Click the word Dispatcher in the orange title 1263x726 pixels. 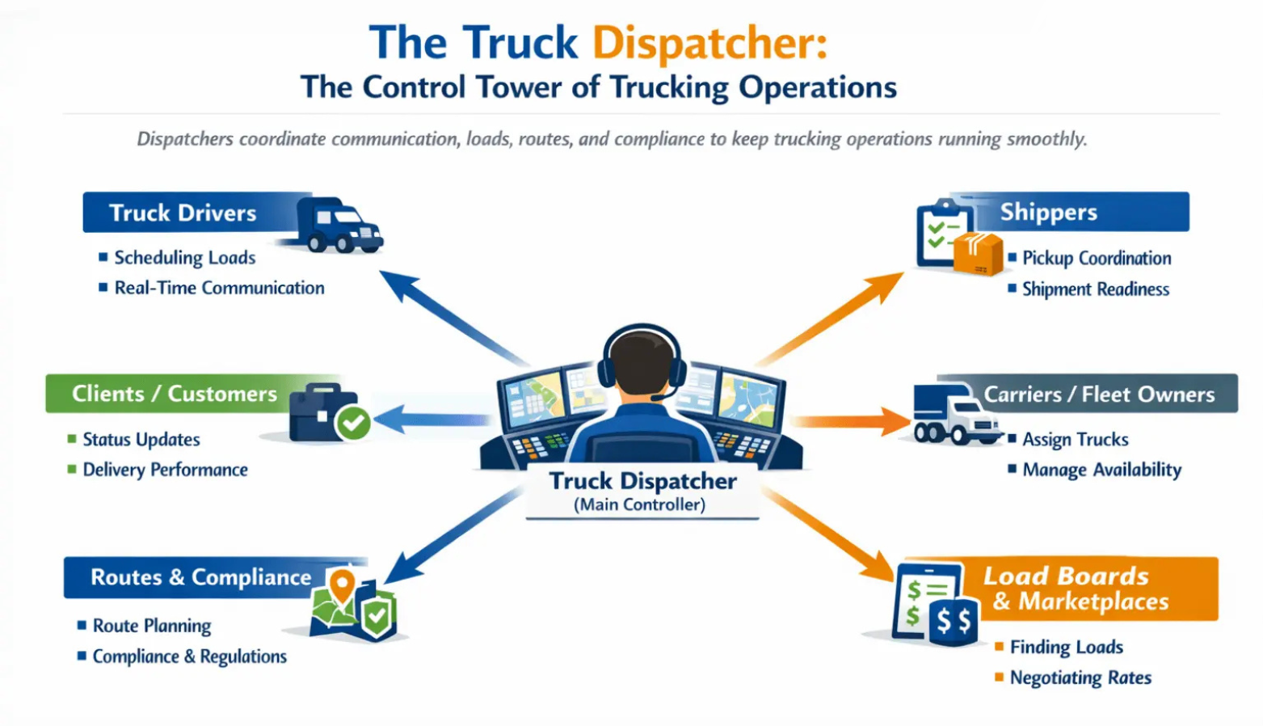(709, 44)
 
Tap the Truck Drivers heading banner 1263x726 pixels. (183, 213)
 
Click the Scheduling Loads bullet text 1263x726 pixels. (184, 258)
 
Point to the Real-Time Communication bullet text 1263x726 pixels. (219, 288)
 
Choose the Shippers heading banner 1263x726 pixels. (1049, 212)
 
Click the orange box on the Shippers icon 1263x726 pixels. (978, 254)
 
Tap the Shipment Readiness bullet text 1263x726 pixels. (1095, 289)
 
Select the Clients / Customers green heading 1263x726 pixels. (174, 394)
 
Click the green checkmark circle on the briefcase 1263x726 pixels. (353, 422)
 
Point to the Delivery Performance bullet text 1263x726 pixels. (165, 470)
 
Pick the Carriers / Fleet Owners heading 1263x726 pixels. (1099, 395)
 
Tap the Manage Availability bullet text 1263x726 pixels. (1101, 470)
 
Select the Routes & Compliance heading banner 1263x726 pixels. (200, 577)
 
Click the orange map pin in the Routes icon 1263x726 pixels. (343, 585)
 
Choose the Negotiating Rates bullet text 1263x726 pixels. (1080, 677)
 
